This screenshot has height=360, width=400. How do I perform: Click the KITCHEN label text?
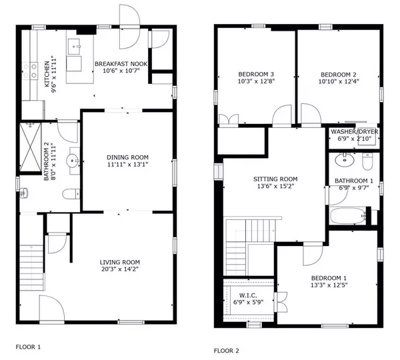click(47, 71)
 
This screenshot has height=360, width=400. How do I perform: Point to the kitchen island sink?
click(75, 47)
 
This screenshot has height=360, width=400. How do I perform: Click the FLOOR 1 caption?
click(28, 347)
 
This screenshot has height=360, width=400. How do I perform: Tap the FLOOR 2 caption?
click(226, 350)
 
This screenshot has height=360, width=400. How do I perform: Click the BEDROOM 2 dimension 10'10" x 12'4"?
click(337, 82)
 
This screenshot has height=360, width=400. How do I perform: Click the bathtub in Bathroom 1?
click(346, 217)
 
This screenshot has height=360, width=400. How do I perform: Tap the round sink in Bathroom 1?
click(345, 160)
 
